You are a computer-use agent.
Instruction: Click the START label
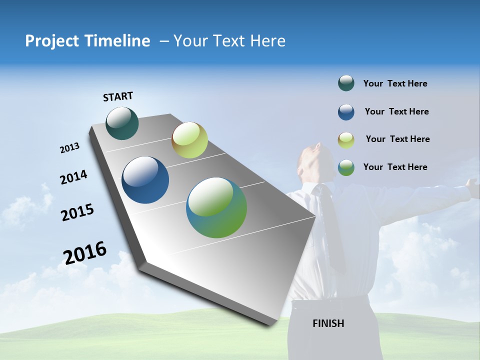118,96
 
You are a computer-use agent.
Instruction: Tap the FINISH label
328,323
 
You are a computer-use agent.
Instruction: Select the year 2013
69,148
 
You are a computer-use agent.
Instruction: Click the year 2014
73,177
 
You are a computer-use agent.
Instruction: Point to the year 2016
85,252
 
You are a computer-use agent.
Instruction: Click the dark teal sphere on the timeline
122,123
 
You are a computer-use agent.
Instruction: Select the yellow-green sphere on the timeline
189,140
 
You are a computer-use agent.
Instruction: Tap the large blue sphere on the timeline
145,180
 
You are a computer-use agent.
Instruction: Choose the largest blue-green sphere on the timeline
216,207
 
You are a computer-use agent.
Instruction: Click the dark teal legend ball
346,83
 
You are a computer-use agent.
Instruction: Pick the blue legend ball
346,112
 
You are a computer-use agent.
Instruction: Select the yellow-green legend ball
346,140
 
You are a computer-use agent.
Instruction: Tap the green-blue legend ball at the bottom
346,167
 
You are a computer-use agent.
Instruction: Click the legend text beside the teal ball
395,84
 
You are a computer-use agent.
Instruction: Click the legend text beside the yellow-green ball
397,139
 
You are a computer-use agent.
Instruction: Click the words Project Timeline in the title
87,41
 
